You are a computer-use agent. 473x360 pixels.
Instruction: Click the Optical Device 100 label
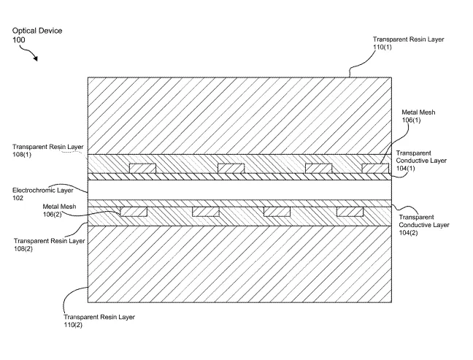point(37,35)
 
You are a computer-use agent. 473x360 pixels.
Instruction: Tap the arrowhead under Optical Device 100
point(36,58)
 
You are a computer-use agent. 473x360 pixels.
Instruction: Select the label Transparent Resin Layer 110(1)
point(409,43)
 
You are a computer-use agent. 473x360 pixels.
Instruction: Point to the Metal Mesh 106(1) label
point(418,116)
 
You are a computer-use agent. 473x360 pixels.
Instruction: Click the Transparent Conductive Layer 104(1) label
point(421,161)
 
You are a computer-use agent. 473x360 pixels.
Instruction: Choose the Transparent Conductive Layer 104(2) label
point(424,225)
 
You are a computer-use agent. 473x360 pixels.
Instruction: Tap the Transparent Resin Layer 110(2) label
point(99,321)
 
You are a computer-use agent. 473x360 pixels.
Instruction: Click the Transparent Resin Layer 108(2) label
point(49,245)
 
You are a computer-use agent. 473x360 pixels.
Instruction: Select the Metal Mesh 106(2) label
point(59,210)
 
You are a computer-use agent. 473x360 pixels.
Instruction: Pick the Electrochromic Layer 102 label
point(42,194)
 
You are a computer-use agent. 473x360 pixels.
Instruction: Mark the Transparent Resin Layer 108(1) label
point(47,150)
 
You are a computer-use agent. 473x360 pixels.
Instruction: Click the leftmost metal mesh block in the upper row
point(142,169)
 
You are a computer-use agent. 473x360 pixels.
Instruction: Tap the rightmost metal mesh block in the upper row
point(375,169)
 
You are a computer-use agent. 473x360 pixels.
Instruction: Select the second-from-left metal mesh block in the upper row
point(231,169)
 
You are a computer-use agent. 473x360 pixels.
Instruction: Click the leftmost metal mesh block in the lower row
point(134,212)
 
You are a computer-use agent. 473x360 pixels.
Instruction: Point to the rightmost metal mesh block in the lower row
point(350,212)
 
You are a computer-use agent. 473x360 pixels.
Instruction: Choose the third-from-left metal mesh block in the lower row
point(277,212)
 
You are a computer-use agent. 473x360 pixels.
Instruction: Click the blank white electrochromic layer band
point(240,190)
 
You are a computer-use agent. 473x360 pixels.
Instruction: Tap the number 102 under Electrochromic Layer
point(18,198)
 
